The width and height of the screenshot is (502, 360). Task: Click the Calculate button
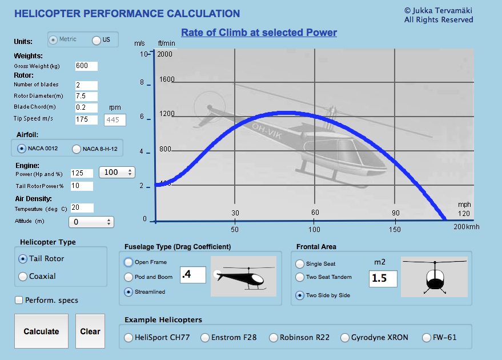[x=41, y=331]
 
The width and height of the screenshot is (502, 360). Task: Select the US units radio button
[x=97, y=40]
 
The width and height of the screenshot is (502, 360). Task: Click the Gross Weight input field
[x=86, y=66]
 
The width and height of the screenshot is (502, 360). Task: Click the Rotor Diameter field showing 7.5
[x=86, y=96]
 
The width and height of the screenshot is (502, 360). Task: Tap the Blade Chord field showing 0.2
[x=86, y=107]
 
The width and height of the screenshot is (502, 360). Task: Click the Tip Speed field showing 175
[x=86, y=119]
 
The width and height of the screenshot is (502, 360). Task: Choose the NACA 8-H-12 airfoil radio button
[x=77, y=149]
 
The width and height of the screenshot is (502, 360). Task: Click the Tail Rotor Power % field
[x=82, y=186]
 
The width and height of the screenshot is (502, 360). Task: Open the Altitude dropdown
[x=91, y=222]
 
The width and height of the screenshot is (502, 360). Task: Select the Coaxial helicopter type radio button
[x=23, y=277]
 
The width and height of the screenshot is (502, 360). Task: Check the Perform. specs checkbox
[x=19, y=300]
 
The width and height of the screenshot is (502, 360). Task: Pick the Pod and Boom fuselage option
[x=128, y=277]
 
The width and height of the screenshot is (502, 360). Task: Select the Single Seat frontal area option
[x=300, y=264]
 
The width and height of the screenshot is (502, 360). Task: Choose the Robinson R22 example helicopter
[x=274, y=338]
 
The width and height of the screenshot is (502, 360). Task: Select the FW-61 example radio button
[x=427, y=338]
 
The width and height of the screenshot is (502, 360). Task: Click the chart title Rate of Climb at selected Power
[x=259, y=33]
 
